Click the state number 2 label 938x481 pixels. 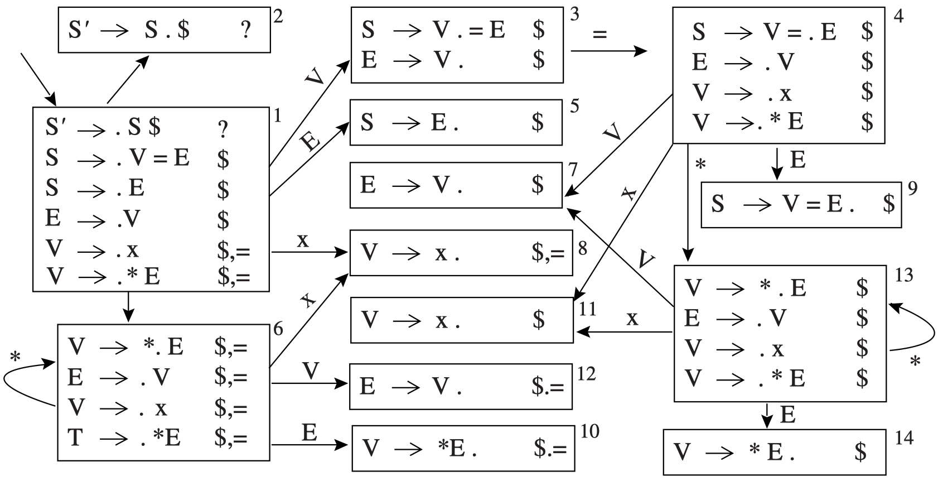[278, 16]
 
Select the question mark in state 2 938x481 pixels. [245, 30]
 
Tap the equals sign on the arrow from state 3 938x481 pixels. [599, 35]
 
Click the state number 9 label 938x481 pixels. [912, 189]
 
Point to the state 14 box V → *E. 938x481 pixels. [774, 452]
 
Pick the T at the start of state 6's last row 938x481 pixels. [76, 437]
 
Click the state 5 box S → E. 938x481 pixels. [456, 122]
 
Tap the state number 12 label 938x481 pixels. [586, 373]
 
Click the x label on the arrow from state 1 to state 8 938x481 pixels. [303, 240]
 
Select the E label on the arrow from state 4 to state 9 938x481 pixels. [798, 161]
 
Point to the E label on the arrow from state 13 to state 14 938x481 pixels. [787, 415]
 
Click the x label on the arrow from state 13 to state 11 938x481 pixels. [632, 319]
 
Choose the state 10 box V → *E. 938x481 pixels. [463, 448]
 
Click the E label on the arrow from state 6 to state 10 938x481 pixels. [310, 432]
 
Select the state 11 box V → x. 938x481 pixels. [462, 320]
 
